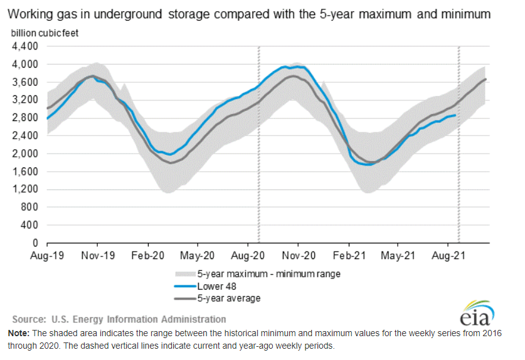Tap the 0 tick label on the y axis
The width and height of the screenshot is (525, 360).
coord(36,243)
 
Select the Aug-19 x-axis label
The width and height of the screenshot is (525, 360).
coord(48,256)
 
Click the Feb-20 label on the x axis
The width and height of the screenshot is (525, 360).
coord(148,256)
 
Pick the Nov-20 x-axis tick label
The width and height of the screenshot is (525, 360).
coord(299,256)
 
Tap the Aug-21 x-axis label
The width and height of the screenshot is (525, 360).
coord(447,256)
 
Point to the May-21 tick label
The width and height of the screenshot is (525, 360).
coord(398,256)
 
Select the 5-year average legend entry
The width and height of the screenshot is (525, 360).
coord(228,298)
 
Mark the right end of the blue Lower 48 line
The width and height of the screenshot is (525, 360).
coord(455,115)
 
